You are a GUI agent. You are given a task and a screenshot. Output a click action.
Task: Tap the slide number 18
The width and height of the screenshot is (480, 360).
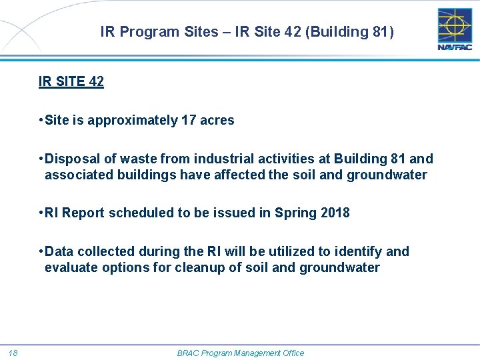[13, 353]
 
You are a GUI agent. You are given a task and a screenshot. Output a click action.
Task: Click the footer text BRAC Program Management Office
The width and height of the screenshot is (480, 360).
[240, 353]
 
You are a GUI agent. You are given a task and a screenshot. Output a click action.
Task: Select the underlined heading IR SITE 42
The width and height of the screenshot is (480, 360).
[71, 82]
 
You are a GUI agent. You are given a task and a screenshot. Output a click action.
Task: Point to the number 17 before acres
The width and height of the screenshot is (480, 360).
[189, 121]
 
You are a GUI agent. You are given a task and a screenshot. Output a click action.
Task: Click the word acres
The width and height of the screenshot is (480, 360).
[217, 121]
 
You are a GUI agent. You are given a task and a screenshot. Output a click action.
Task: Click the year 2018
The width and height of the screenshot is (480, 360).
[335, 213]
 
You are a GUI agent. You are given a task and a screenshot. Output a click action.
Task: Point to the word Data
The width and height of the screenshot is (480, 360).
[59, 251]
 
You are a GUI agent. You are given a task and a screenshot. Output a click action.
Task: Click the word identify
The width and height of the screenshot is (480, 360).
[359, 251]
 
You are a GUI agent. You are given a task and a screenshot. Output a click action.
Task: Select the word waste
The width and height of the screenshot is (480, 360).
[129, 159]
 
